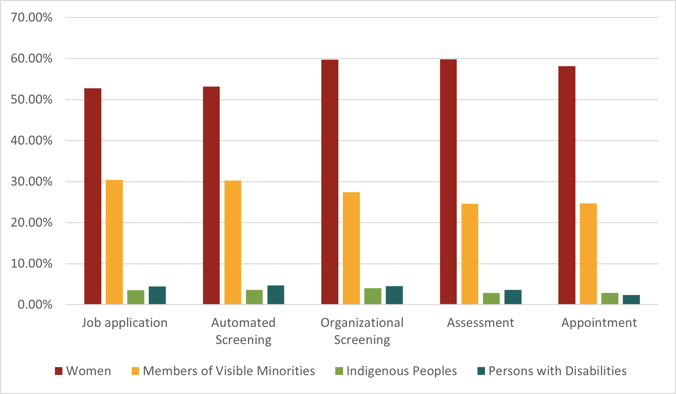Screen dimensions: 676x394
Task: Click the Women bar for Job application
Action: (x=93, y=196)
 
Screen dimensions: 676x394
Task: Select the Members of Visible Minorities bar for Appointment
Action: (x=588, y=254)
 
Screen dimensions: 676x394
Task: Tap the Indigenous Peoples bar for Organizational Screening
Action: (x=373, y=296)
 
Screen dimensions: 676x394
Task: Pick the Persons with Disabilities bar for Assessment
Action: (x=513, y=297)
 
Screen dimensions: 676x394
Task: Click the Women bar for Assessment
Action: (x=448, y=182)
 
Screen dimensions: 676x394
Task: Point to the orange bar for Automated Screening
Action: (x=233, y=242)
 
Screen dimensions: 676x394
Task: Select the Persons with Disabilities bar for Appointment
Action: (x=631, y=300)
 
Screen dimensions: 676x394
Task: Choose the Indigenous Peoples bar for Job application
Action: (x=136, y=297)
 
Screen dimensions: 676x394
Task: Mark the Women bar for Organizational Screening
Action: (x=330, y=182)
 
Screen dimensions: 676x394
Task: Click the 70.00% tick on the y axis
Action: (x=31, y=17)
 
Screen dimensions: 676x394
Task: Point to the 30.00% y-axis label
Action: (x=31, y=182)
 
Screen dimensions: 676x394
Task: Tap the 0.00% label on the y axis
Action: (x=35, y=304)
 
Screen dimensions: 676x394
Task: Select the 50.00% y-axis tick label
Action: (x=31, y=99)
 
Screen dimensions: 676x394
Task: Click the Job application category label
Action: (x=125, y=323)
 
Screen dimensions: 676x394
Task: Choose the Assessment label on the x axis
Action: (x=481, y=323)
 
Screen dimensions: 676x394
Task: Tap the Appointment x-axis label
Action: (x=599, y=323)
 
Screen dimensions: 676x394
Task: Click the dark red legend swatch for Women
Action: (x=59, y=371)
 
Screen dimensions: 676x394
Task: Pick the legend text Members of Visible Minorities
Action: (x=229, y=371)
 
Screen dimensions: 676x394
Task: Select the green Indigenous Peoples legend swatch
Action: (x=339, y=371)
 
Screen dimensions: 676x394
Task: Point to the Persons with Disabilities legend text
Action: (x=558, y=371)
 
